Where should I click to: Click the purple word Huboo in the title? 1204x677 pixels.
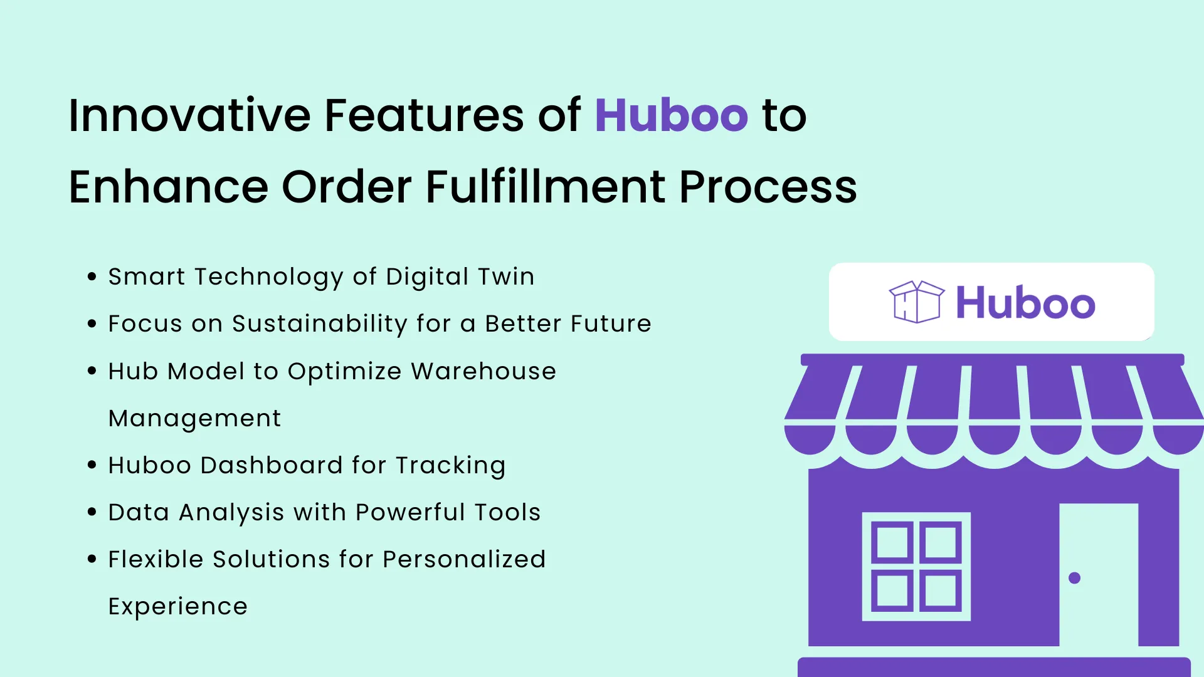pyautogui.click(x=671, y=116)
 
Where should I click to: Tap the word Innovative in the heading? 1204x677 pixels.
pyautogui.click(x=189, y=116)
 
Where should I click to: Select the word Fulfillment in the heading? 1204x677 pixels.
pyautogui.click(x=545, y=187)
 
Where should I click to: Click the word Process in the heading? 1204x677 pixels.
pyautogui.click(x=768, y=187)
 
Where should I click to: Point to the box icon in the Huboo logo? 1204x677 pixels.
pyautogui.click(x=916, y=302)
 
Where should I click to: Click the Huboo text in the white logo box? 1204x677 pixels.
pyautogui.click(x=1025, y=303)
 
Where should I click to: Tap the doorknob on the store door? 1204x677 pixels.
pyautogui.click(x=1074, y=578)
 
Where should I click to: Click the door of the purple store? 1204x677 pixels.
pyautogui.click(x=1099, y=574)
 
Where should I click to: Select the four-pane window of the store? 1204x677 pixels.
pyautogui.click(x=916, y=567)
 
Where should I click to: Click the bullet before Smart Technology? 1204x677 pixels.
pyautogui.click(x=92, y=276)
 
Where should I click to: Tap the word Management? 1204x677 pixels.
pyautogui.click(x=194, y=418)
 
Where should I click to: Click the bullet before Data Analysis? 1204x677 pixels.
pyautogui.click(x=92, y=512)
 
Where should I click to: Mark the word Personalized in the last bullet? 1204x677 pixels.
pyautogui.click(x=464, y=559)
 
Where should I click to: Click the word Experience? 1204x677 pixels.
pyautogui.click(x=177, y=607)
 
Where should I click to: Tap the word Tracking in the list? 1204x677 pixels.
pyautogui.click(x=450, y=466)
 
